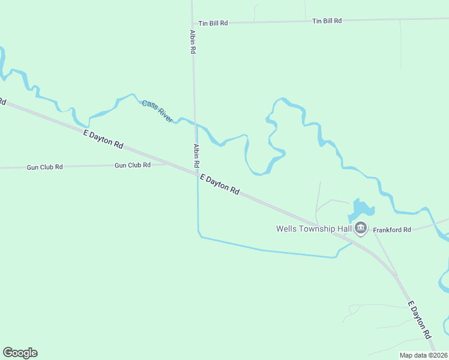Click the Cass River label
point(157,111)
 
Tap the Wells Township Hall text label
point(313,229)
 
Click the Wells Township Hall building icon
point(361,227)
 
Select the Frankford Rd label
point(391,230)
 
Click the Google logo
point(20,353)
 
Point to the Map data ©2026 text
point(423,355)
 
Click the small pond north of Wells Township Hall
point(361,209)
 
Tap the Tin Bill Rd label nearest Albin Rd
point(214,23)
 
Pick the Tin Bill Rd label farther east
point(327,21)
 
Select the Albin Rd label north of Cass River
point(193,42)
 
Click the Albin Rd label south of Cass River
point(196,155)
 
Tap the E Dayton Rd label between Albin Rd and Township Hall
point(220,184)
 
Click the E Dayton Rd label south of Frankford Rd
point(420,319)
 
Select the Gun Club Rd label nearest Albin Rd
point(132,165)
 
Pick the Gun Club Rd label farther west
point(44,167)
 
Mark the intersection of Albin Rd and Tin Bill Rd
point(193,23)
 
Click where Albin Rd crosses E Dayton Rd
point(197,173)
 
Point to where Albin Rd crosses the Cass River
point(195,124)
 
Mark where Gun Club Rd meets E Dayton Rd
point(166,163)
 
